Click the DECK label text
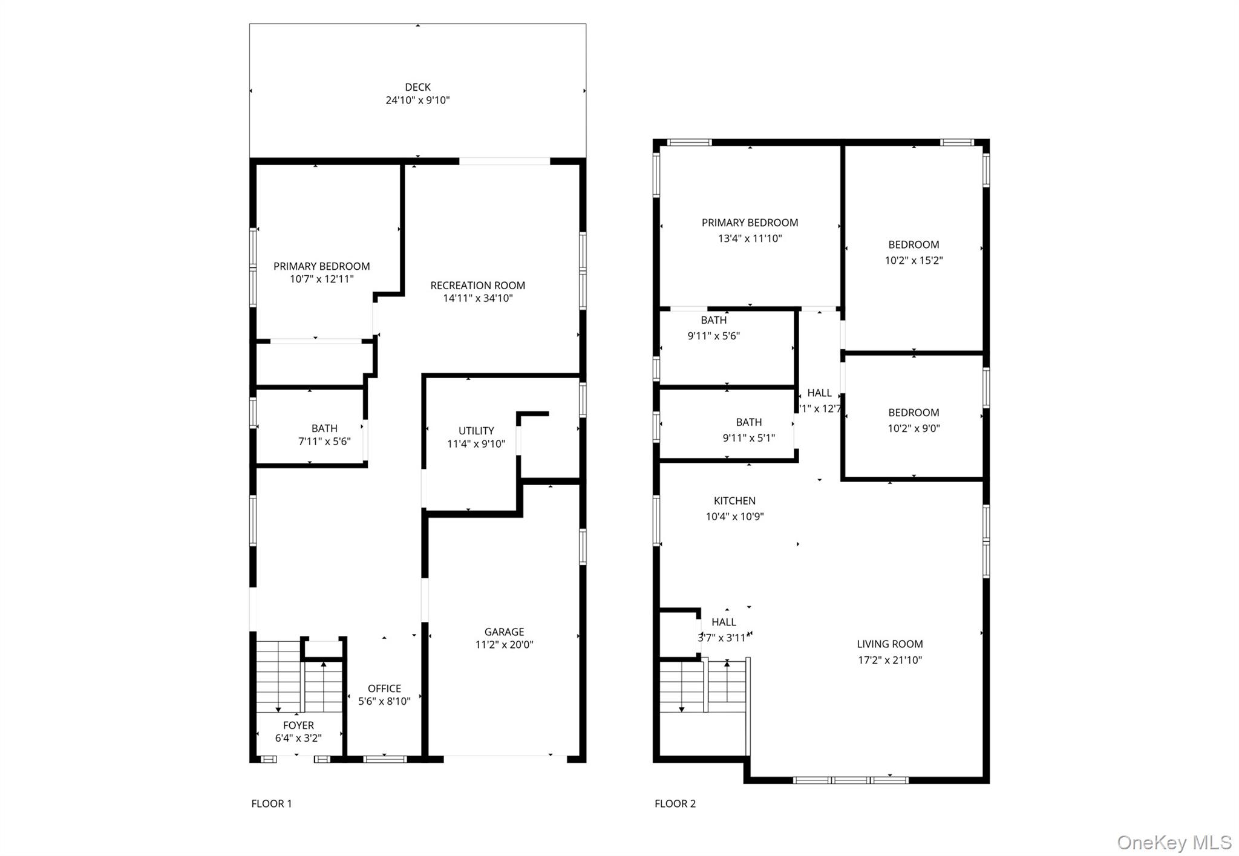(x=417, y=87)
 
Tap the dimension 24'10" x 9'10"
(x=417, y=100)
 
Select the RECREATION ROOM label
(x=477, y=285)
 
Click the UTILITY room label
(x=476, y=431)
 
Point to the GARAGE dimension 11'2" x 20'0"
(x=504, y=645)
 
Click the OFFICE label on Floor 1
(x=384, y=688)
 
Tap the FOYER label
(x=298, y=725)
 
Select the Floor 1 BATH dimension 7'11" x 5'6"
(x=324, y=442)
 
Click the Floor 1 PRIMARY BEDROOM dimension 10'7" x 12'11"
(x=321, y=279)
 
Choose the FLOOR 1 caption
(x=271, y=803)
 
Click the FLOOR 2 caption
(x=675, y=803)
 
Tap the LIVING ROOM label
(x=889, y=644)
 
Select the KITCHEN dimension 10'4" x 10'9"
(x=734, y=517)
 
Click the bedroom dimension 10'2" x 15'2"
(x=914, y=261)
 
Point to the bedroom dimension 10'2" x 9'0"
(x=914, y=428)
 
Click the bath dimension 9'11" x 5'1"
(x=748, y=438)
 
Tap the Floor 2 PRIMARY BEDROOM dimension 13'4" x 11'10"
(x=750, y=238)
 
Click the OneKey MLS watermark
(x=1174, y=842)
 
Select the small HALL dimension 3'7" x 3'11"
(x=724, y=638)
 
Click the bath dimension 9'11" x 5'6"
(x=713, y=336)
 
